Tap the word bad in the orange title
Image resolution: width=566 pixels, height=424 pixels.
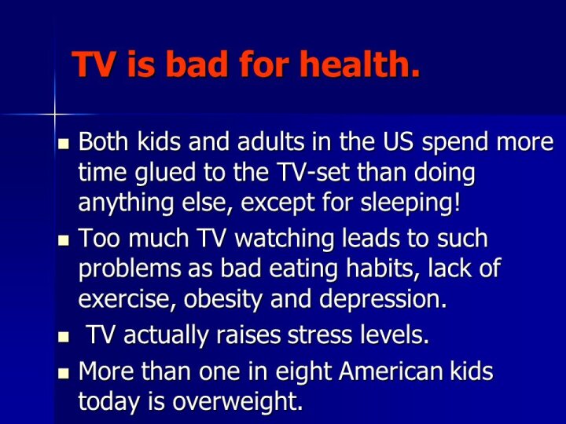[x=198, y=64]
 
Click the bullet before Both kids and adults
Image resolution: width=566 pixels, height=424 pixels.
[x=63, y=144]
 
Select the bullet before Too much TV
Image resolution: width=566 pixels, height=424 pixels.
[x=63, y=239]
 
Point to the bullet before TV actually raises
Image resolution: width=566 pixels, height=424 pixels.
[x=63, y=337]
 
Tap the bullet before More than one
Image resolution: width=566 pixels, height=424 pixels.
[x=63, y=372]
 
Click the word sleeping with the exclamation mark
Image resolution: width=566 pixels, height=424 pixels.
[x=411, y=203]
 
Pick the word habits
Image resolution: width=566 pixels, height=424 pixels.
[x=383, y=269]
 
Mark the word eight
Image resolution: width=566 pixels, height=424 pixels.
[x=303, y=371]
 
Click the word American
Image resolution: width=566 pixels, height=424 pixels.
[x=391, y=371]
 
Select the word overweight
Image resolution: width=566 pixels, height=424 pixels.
[x=237, y=402]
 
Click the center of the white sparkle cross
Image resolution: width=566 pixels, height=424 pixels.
[x=55, y=115]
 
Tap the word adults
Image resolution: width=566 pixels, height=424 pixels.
[x=270, y=141]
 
